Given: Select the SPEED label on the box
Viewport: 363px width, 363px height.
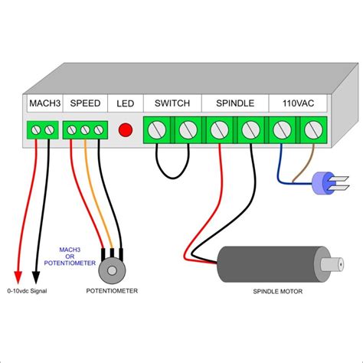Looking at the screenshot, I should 83,103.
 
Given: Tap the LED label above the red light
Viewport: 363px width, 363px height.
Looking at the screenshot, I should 124,103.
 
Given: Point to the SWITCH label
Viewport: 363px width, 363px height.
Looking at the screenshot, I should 172,103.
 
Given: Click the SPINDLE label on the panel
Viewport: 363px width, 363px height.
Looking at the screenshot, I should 234,103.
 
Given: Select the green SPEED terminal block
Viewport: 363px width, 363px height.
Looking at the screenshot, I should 84,130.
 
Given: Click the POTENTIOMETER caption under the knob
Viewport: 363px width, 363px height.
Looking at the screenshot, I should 113,291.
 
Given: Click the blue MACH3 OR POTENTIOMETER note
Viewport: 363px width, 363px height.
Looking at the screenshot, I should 77,257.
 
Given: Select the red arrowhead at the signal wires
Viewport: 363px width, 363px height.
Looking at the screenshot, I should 18,275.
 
